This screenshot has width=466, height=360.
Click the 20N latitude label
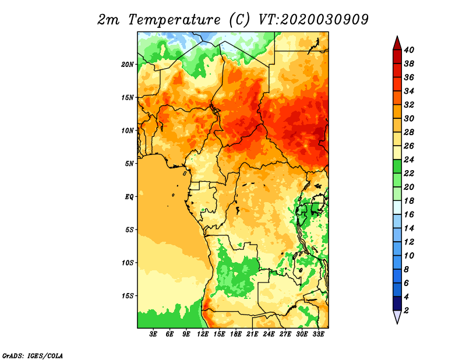click(x=128, y=65)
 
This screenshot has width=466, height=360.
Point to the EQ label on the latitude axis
click(x=129, y=197)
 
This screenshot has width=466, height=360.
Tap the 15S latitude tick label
click(x=128, y=296)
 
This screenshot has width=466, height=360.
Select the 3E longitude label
click(x=153, y=334)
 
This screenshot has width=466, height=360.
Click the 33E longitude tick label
click(x=318, y=334)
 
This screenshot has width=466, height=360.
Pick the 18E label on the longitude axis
click(x=236, y=334)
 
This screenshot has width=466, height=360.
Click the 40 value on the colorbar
click(x=409, y=50)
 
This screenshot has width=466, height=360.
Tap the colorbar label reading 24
click(x=409, y=160)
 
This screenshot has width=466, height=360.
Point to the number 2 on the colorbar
click(x=406, y=310)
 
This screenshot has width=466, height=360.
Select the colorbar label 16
click(x=409, y=214)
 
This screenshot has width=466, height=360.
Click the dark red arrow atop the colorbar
click(x=397, y=43)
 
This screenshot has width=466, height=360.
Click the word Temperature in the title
click(x=174, y=20)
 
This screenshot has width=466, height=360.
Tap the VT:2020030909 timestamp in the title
click(x=313, y=20)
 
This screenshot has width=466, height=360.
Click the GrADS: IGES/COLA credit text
click(x=33, y=355)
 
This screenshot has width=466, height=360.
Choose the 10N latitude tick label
click(x=128, y=130)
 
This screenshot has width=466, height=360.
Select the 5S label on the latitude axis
click(x=129, y=230)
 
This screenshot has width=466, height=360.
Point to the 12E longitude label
click(x=203, y=334)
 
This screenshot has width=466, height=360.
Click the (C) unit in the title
click(x=239, y=20)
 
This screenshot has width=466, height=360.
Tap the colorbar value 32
click(x=409, y=105)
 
